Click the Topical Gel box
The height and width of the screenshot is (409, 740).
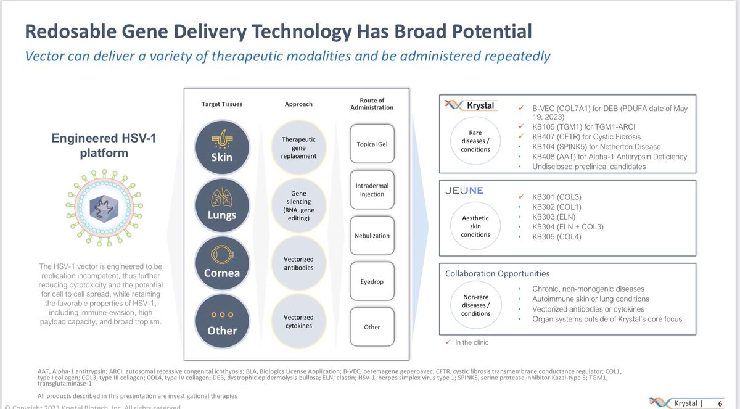click(x=371, y=144)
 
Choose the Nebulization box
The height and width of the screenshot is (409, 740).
click(x=371, y=236)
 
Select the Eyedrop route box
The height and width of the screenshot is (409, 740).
click(x=371, y=281)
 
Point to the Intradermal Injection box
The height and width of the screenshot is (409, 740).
click(x=371, y=190)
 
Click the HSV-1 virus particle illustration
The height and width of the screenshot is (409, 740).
click(x=102, y=207)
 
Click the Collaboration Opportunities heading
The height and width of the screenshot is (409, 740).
click(x=497, y=273)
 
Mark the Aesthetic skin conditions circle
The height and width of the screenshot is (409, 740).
click(x=475, y=225)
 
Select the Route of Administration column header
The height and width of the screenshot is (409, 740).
click(x=371, y=104)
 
